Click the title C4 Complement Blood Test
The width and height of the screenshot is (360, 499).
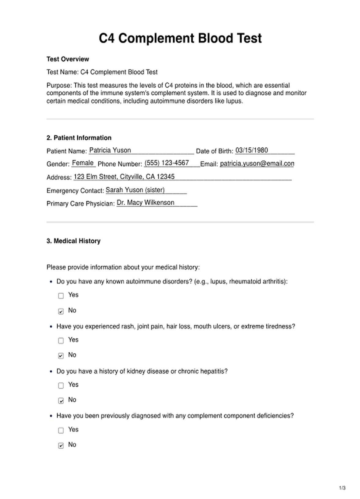click(x=180, y=39)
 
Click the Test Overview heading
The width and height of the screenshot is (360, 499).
click(x=68, y=59)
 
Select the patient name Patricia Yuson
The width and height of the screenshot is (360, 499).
click(x=110, y=150)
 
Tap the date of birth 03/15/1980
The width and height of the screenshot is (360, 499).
click(x=251, y=150)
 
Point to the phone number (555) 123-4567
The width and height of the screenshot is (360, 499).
click(x=167, y=163)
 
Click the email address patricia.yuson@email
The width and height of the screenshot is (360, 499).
click(x=257, y=163)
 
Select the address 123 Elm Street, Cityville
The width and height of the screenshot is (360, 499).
click(x=124, y=177)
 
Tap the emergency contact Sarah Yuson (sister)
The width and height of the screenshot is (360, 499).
click(x=135, y=190)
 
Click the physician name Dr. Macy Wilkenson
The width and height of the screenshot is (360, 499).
click(x=145, y=203)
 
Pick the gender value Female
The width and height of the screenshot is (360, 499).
click(x=83, y=163)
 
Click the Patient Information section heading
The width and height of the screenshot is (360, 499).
click(x=79, y=138)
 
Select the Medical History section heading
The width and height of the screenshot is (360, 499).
click(x=73, y=241)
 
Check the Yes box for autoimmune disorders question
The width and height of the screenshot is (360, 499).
click(x=61, y=296)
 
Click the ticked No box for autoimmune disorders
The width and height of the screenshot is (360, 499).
click(x=61, y=311)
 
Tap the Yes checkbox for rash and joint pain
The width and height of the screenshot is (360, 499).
click(x=61, y=340)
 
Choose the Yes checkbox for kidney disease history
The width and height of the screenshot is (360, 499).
click(x=61, y=385)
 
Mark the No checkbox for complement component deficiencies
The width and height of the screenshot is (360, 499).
click(x=61, y=445)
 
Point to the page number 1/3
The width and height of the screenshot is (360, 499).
click(x=342, y=488)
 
